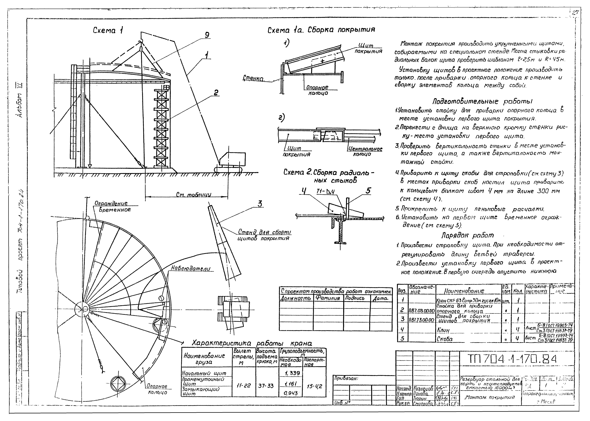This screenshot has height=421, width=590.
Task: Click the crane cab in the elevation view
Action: pyautogui.click(x=232, y=159)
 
